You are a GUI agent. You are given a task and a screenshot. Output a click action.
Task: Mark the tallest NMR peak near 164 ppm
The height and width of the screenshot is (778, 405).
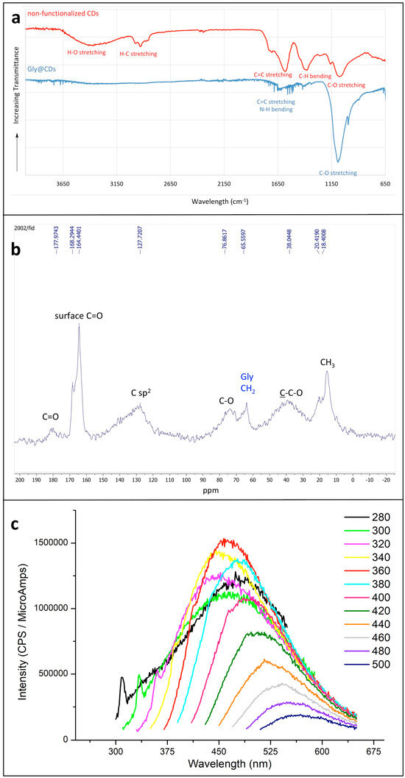click(x=79, y=325)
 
